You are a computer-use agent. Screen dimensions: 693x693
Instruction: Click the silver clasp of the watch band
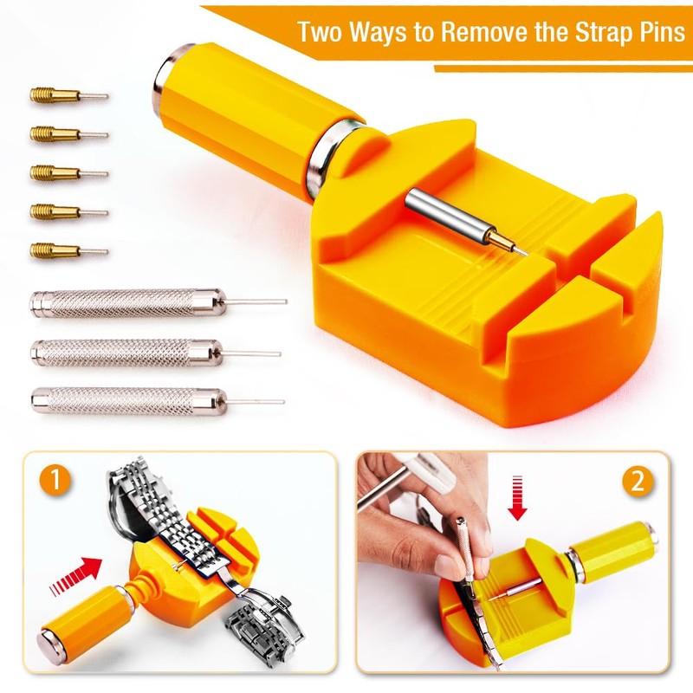[265, 623]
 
